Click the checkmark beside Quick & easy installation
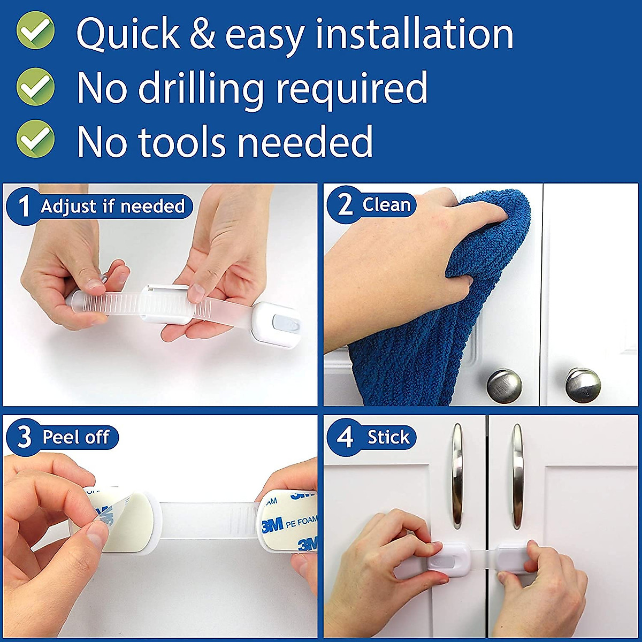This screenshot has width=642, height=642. (35, 31)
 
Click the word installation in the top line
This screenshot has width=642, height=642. (414, 34)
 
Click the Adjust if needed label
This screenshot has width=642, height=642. (113, 206)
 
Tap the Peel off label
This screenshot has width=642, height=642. (75, 437)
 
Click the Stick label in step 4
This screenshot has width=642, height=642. (388, 437)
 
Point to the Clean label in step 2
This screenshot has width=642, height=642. (386, 205)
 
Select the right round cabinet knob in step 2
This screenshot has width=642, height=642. (582, 385)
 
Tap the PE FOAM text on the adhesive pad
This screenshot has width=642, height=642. (301, 522)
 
